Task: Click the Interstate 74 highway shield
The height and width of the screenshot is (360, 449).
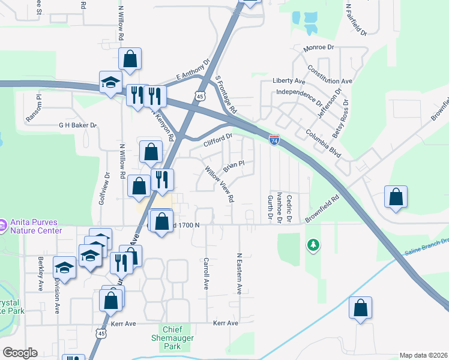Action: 274,140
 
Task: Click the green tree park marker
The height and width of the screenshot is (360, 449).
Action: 312,245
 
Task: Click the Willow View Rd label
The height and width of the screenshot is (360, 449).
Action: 219,184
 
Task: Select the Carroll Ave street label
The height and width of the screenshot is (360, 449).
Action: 206,274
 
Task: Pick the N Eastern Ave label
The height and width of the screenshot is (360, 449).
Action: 239,273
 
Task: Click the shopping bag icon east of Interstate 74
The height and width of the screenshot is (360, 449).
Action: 396,197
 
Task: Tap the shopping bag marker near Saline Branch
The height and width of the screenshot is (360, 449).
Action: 360,308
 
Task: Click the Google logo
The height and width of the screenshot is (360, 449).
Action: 20,353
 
